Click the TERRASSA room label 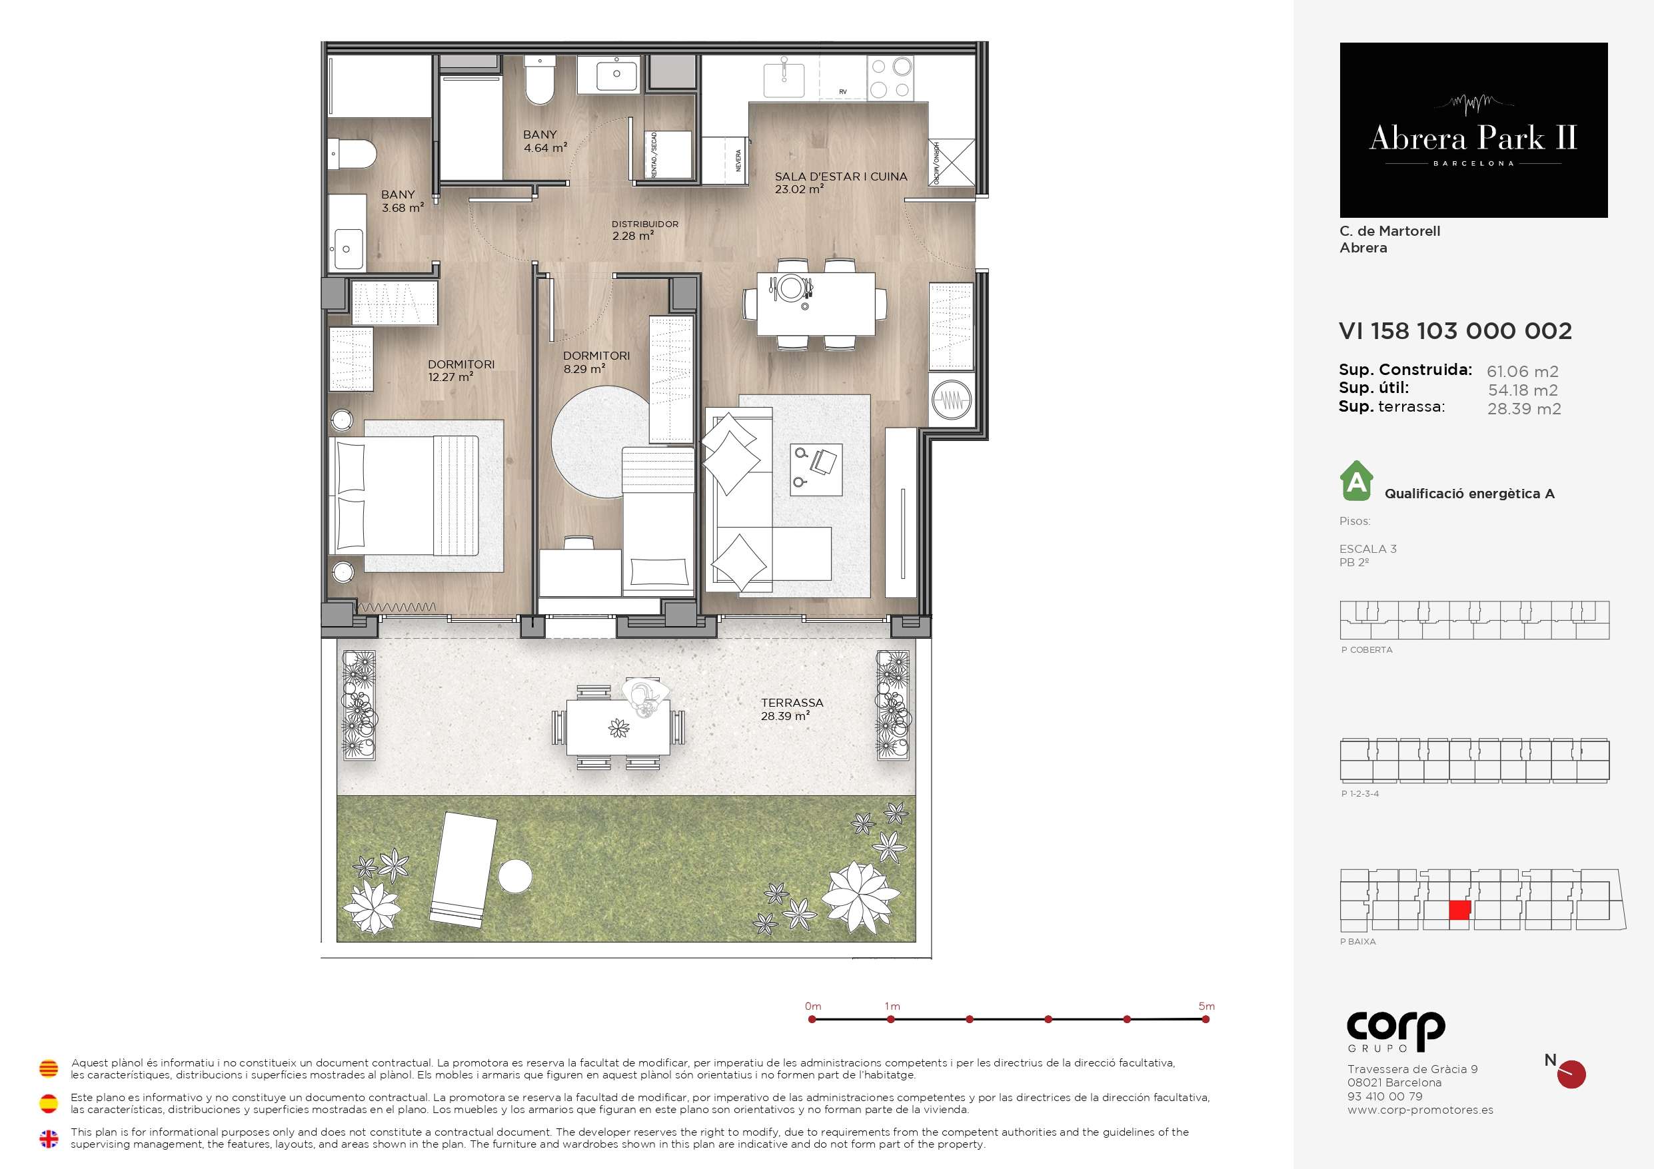coord(792,702)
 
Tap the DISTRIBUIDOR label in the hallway coord(645,224)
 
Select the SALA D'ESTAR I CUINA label coord(841,177)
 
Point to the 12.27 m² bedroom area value coord(450,377)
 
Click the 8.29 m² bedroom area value coord(584,369)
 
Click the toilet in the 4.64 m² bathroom coord(540,81)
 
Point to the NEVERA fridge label coord(738,160)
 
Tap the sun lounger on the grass coord(464,869)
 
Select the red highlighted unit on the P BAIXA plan coord(1459,911)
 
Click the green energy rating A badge coord(1357,481)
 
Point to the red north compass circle coord(1571,1074)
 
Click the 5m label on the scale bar coord(1207,1006)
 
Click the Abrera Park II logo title coord(1473,138)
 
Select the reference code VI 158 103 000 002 coord(1455,330)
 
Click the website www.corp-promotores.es coord(1420,1110)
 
